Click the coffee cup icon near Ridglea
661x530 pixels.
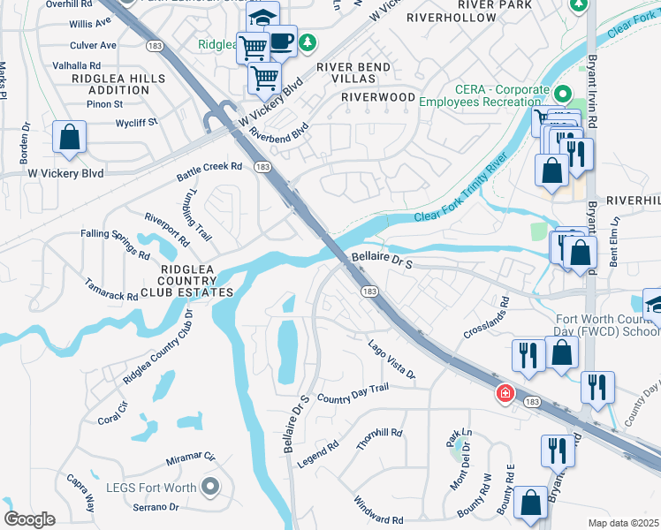(x=281, y=41)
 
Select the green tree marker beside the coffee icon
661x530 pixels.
(x=308, y=41)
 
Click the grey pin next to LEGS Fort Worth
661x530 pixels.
(x=210, y=485)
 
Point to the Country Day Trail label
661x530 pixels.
(x=353, y=394)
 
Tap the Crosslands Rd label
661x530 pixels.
(x=488, y=323)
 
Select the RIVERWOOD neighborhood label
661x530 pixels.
(x=378, y=96)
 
